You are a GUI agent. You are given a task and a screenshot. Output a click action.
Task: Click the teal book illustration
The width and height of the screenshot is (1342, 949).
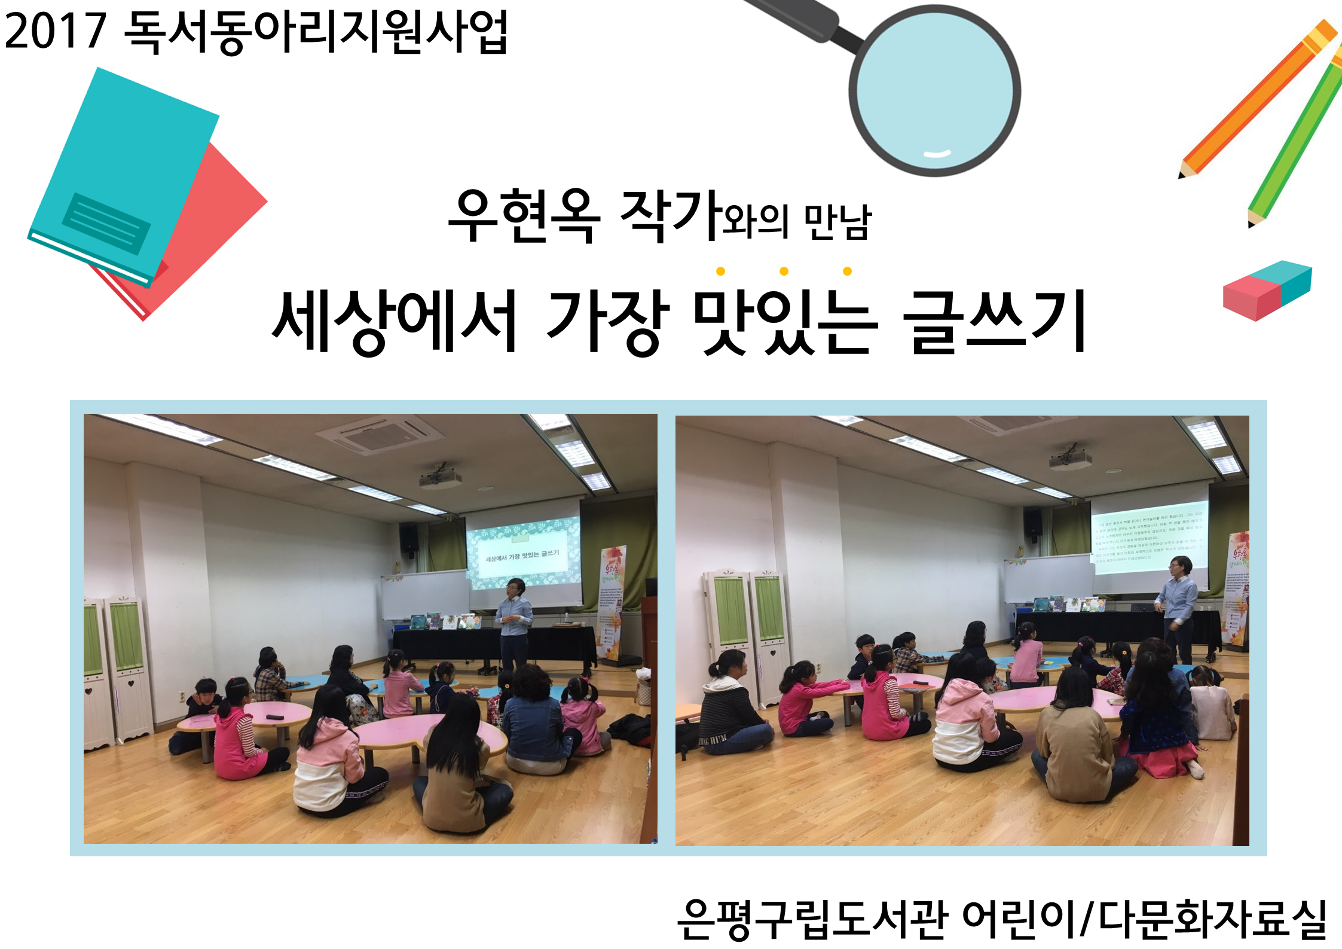[123, 173]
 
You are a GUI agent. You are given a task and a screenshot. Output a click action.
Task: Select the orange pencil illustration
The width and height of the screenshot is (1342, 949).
[1258, 99]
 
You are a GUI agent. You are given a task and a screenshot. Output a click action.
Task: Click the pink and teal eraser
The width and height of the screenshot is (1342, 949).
[1267, 290]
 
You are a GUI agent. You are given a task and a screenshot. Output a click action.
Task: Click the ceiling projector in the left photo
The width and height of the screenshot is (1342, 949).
[441, 477]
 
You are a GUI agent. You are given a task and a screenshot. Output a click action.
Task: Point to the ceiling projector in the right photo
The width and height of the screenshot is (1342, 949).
[1069, 457]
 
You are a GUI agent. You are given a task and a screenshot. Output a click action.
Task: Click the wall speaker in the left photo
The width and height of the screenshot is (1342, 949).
[409, 538]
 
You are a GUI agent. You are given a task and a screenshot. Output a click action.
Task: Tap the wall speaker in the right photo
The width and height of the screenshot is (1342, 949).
[1033, 522]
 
